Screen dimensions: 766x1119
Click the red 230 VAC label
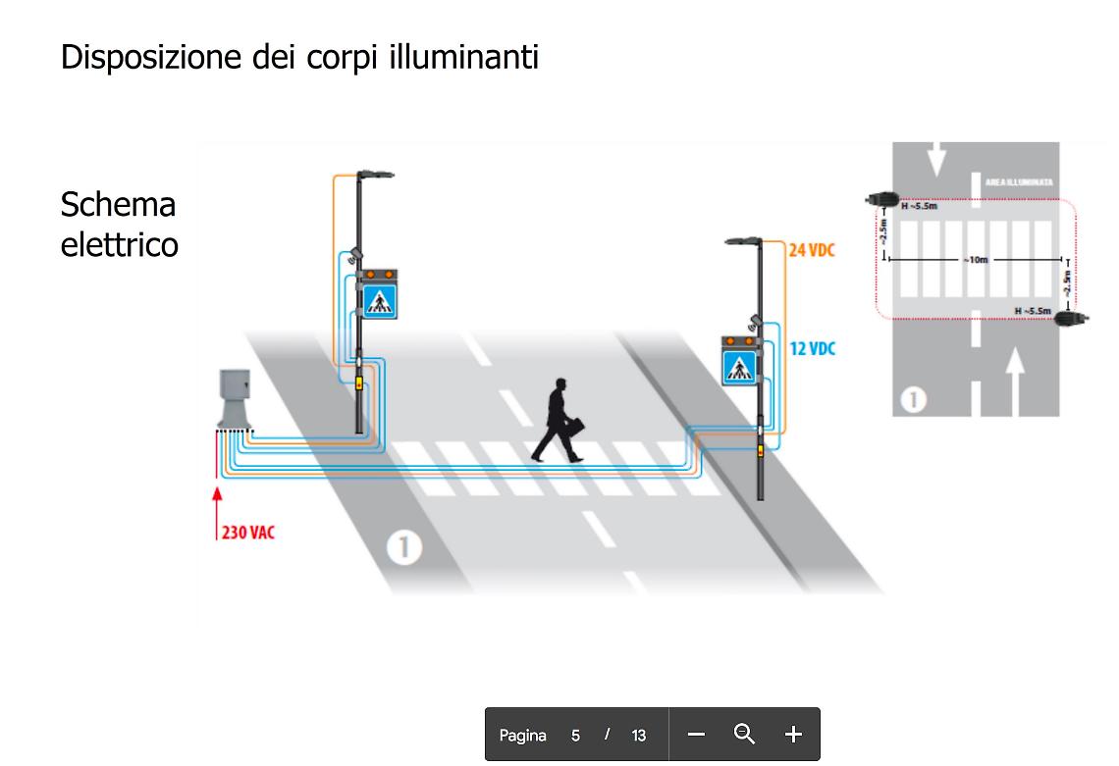click(247, 534)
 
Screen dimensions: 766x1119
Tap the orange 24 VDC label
click(812, 250)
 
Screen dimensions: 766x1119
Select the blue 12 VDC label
click(812, 348)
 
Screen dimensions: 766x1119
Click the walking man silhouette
click(559, 420)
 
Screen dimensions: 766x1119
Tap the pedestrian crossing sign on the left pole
click(379, 300)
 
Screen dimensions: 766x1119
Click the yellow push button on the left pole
click(358, 383)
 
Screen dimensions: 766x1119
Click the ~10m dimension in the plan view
click(976, 260)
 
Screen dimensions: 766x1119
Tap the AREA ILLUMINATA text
click(1019, 182)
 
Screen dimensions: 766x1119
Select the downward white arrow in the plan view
click(935, 158)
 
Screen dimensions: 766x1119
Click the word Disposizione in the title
click(144, 56)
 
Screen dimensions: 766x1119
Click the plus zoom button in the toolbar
click(793, 734)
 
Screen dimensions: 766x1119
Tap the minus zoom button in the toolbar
click(696, 734)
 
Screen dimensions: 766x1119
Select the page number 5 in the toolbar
click(576, 735)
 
